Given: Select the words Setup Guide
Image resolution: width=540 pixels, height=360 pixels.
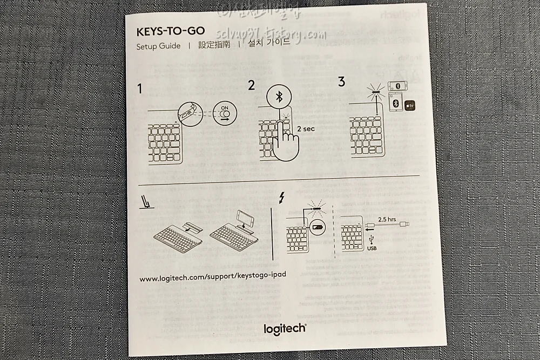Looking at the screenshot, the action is [x=158, y=46].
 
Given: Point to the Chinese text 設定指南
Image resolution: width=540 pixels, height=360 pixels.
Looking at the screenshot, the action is [x=214, y=44].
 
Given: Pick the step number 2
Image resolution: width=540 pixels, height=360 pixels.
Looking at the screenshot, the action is [x=251, y=85].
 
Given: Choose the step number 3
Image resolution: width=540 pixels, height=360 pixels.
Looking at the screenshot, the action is [x=341, y=81].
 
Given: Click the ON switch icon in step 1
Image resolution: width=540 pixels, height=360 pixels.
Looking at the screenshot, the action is [x=225, y=113].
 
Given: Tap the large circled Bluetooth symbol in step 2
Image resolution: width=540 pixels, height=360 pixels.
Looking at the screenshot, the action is [x=279, y=97].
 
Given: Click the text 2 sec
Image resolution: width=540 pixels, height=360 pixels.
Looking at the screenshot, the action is [x=306, y=129].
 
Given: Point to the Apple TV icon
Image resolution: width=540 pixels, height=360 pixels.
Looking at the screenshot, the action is [x=410, y=105].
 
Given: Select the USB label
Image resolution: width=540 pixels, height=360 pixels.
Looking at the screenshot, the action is [x=372, y=248].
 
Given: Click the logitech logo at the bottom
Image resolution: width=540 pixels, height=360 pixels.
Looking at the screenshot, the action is [x=285, y=328].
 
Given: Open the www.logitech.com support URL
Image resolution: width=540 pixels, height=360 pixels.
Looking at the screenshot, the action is [x=213, y=277].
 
